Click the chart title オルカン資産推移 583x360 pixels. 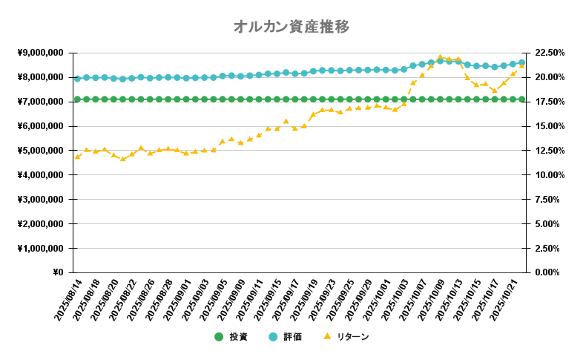[x=291, y=27]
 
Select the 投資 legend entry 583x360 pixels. [x=232, y=337]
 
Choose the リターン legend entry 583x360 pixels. [x=346, y=337]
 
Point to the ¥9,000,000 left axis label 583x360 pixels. [x=42, y=53]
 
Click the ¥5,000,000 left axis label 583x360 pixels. [x=42, y=151]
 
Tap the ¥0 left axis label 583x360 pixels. [x=58, y=272]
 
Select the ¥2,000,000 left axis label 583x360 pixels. [x=42, y=223]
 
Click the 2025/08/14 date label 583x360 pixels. [x=68, y=301]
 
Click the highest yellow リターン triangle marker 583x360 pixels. [x=440, y=57]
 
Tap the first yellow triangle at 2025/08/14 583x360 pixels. [x=77, y=156]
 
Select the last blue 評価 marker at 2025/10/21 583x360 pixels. [x=521, y=62]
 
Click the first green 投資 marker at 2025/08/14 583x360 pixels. [x=77, y=99]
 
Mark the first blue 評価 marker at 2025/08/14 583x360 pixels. [x=77, y=78]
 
